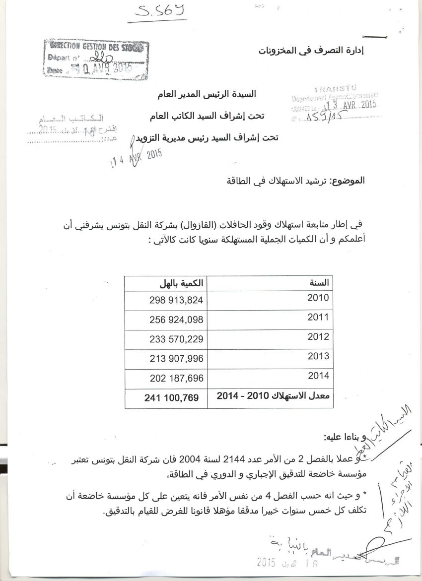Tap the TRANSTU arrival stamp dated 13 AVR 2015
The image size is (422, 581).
[336, 104]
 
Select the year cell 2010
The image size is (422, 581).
[318, 298]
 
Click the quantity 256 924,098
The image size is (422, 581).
[176, 320]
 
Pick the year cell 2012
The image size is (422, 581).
[318, 336]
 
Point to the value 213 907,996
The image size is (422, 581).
[176, 359]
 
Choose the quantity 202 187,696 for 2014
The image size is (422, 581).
[176, 379]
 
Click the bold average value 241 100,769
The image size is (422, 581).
[172, 397]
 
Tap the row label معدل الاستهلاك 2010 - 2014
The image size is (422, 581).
[274, 396]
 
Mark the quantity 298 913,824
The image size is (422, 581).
[176, 300]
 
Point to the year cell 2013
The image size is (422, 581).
[318, 356]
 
